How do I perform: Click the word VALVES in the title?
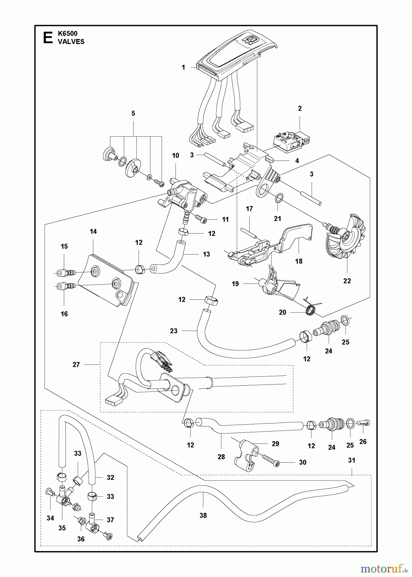click(x=71, y=42)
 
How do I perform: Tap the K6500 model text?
click(x=68, y=33)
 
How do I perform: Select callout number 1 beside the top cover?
click(x=184, y=68)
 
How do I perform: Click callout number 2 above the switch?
click(x=300, y=109)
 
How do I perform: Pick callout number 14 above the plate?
click(x=93, y=231)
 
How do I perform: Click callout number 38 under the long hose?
click(x=203, y=515)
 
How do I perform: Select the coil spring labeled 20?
click(x=310, y=310)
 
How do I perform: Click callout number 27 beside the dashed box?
click(x=76, y=364)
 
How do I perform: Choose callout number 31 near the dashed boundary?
click(x=352, y=460)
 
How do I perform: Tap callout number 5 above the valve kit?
click(x=133, y=113)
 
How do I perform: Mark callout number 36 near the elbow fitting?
click(x=81, y=539)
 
